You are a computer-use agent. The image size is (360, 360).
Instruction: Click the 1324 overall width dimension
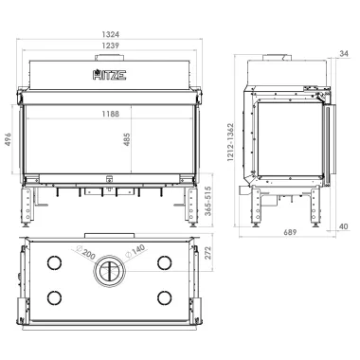click(x=111, y=34)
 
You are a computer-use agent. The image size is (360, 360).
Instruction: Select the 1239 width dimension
click(x=111, y=45)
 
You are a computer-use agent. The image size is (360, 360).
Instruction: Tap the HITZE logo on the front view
click(x=110, y=75)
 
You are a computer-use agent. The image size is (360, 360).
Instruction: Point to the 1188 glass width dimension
click(x=111, y=114)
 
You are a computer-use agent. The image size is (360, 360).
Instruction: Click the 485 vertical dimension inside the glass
click(x=127, y=139)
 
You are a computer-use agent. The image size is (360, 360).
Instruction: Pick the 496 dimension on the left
click(x=8, y=139)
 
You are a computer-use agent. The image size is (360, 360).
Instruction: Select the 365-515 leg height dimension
click(x=207, y=201)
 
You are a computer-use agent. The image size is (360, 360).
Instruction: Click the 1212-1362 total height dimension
click(x=230, y=142)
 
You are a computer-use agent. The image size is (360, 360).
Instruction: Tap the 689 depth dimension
click(x=290, y=232)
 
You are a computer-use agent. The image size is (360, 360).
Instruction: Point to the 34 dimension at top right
click(x=344, y=54)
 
